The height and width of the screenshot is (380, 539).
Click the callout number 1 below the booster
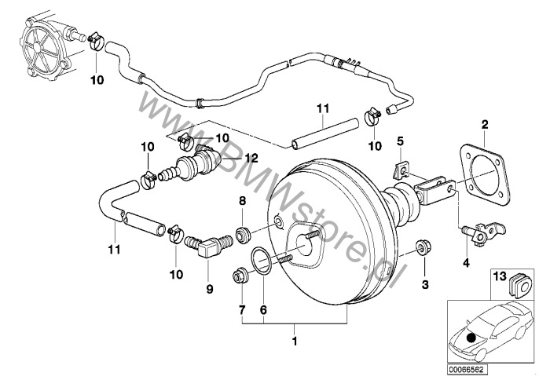[x=294, y=342]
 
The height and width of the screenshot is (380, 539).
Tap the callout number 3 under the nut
[x=425, y=283]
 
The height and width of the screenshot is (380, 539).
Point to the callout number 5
[x=400, y=141]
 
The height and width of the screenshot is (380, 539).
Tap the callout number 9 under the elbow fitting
[x=210, y=289]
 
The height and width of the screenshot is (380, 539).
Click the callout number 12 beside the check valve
[x=251, y=157]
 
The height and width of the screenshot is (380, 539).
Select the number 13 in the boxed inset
[x=499, y=276]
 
